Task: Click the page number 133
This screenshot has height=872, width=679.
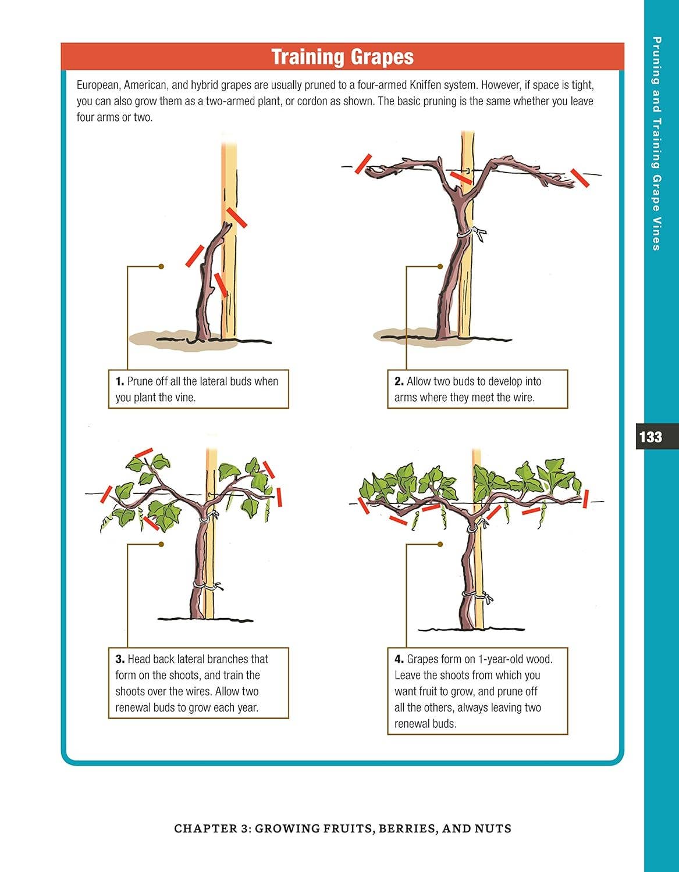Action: [x=650, y=437]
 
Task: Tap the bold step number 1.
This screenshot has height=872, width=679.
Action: [x=119, y=381]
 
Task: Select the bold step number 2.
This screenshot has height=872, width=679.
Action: [x=399, y=381]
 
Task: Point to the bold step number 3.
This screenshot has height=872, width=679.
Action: [x=120, y=659]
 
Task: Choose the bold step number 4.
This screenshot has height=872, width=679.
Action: [x=399, y=659]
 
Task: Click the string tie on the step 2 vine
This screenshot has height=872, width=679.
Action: [x=476, y=233]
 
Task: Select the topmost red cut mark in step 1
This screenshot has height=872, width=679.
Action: [x=236, y=217]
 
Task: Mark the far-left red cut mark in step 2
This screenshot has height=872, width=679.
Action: [x=363, y=163]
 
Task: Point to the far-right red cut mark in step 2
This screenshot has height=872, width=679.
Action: [x=580, y=178]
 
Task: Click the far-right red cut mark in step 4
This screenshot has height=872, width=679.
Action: [x=586, y=499]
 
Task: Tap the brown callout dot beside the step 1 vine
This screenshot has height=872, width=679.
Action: [x=161, y=266]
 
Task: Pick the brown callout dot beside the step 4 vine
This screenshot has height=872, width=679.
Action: [x=440, y=544]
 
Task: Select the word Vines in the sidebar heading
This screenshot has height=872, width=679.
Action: [x=656, y=234]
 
